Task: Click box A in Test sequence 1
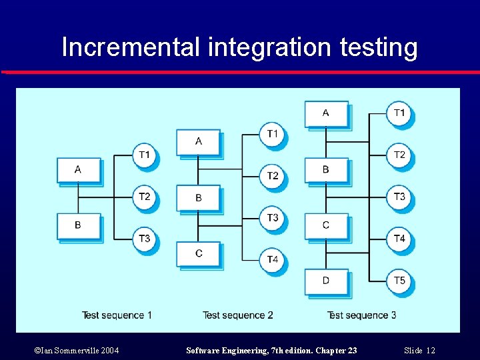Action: click(x=78, y=170)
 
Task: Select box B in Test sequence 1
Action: click(x=78, y=225)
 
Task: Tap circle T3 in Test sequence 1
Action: click(x=145, y=239)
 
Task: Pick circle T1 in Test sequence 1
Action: click(x=145, y=155)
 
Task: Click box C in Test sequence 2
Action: click(x=198, y=253)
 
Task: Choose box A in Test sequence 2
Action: click(x=198, y=141)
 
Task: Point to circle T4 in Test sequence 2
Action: click(x=273, y=259)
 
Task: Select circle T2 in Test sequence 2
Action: click(x=273, y=176)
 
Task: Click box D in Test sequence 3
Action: click(x=325, y=281)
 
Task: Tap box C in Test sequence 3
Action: click(x=325, y=225)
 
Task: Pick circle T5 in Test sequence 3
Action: click(x=399, y=281)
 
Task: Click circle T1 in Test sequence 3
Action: click(x=399, y=113)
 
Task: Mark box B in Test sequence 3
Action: click(x=325, y=170)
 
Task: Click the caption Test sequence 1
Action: click(x=117, y=315)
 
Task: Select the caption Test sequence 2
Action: click(x=238, y=315)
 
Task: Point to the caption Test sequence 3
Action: click(x=361, y=315)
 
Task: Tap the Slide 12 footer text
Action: click(x=419, y=351)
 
